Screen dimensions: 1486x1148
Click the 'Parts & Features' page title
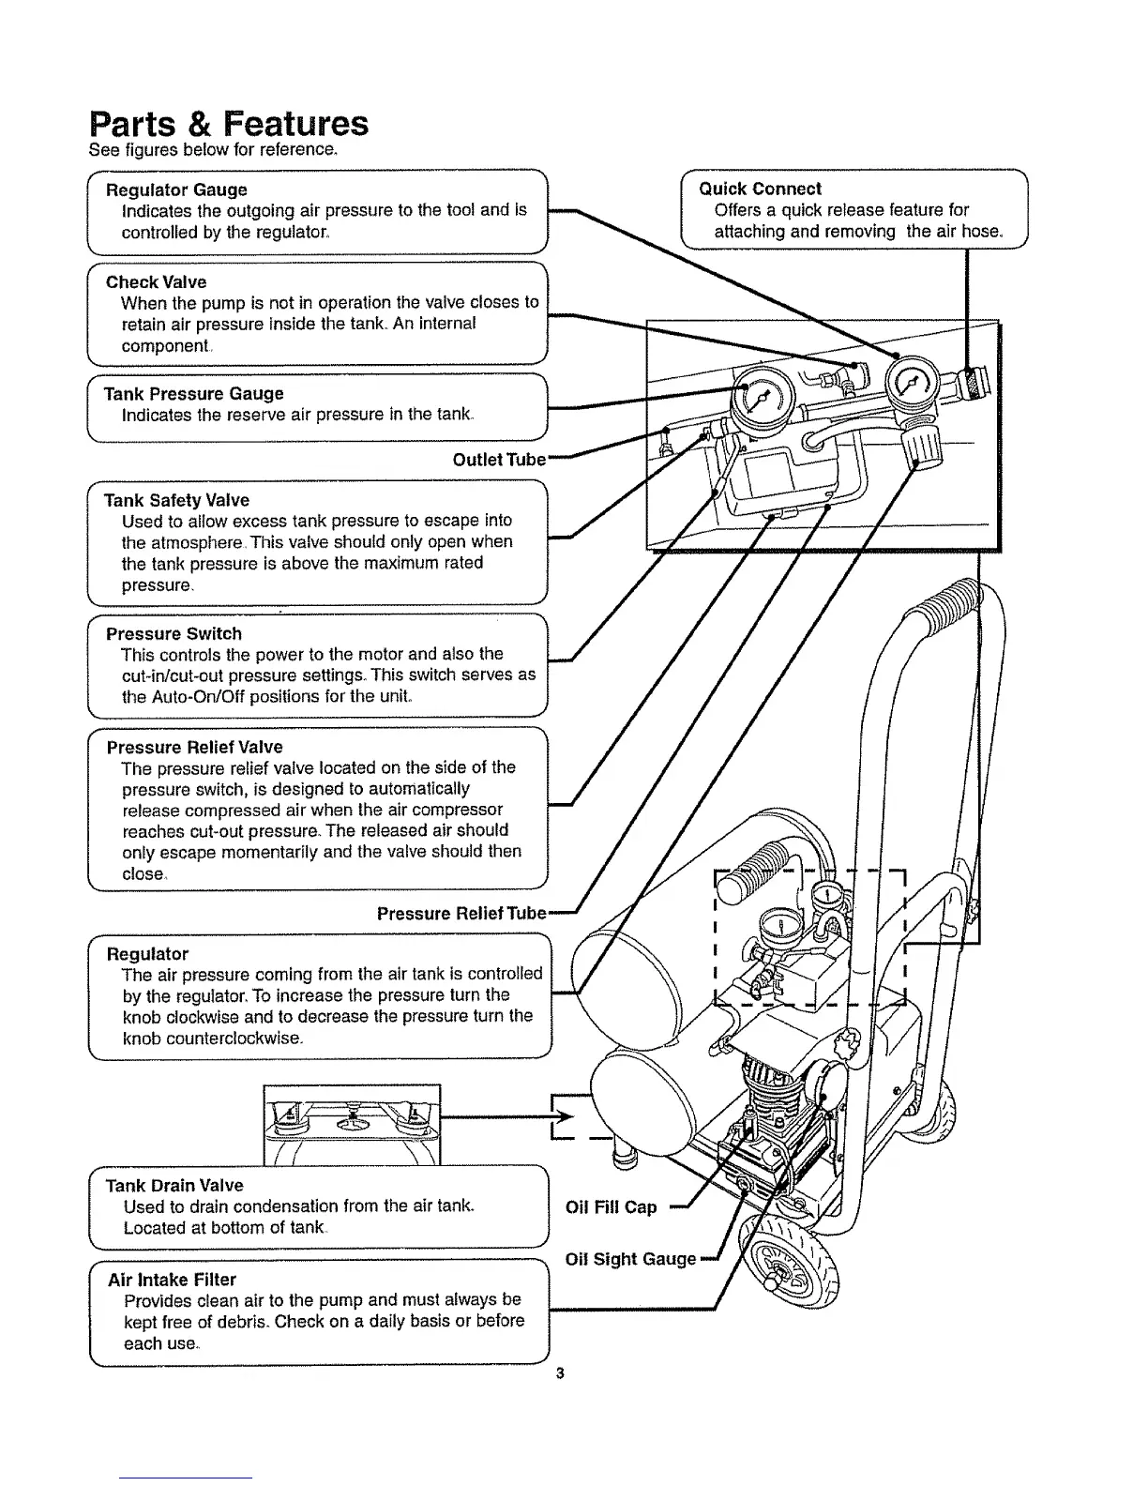click(x=228, y=124)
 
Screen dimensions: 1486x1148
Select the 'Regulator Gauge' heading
click(x=176, y=190)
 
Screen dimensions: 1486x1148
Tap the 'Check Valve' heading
click(x=156, y=282)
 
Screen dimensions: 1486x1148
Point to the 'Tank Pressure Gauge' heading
click(x=194, y=394)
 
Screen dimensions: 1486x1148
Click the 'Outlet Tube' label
click(x=499, y=460)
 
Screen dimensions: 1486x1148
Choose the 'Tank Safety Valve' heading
click(x=176, y=501)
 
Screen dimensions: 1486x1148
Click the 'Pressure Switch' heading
click(x=174, y=634)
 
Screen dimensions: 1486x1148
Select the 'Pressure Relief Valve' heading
click(x=194, y=748)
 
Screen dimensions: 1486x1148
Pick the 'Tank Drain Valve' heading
click(x=174, y=1186)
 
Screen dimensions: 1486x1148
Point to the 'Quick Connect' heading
click(x=761, y=189)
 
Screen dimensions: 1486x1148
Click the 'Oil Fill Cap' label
click(x=612, y=1207)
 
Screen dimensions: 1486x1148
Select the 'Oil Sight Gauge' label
click(x=630, y=1259)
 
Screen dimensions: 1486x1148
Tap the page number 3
click(x=559, y=1375)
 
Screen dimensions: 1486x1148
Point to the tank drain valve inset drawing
click(x=352, y=1122)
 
